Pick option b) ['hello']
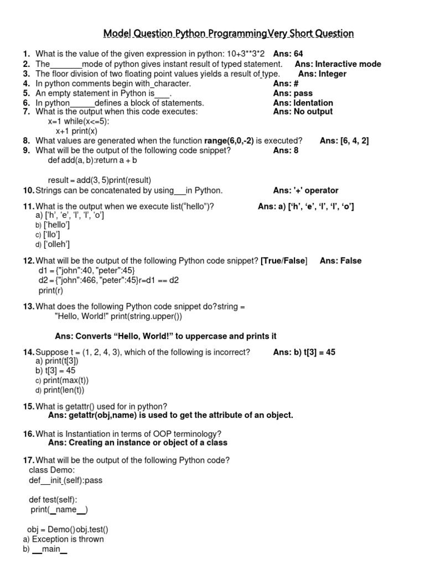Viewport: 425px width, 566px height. (x=53, y=225)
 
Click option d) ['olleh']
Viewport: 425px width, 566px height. (x=53, y=244)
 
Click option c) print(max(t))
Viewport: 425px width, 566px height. (x=62, y=380)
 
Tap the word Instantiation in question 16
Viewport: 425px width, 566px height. (x=80, y=434)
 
